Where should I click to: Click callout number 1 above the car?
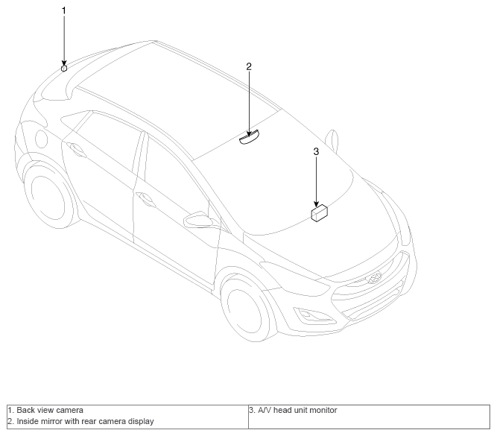(64, 10)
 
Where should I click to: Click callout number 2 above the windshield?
(249, 66)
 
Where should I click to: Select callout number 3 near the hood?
(316, 151)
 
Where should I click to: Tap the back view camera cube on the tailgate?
(64, 68)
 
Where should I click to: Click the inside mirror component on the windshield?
(249, 138)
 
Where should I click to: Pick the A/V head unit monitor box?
(320, 212)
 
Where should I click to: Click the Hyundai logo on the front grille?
(374, 278)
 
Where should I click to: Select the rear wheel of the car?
(51, 197)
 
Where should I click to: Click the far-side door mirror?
(332, 139)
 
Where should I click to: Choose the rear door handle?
(76, 149)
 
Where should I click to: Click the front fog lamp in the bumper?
(306, 315)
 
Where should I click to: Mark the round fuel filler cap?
(41, 139)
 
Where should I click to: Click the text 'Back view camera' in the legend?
(50, 410)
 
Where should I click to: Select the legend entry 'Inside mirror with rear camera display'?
(85, 421)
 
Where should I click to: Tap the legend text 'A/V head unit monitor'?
(297, 410)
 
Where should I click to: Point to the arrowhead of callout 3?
(316, 204)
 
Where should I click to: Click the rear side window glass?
(104, 139)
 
